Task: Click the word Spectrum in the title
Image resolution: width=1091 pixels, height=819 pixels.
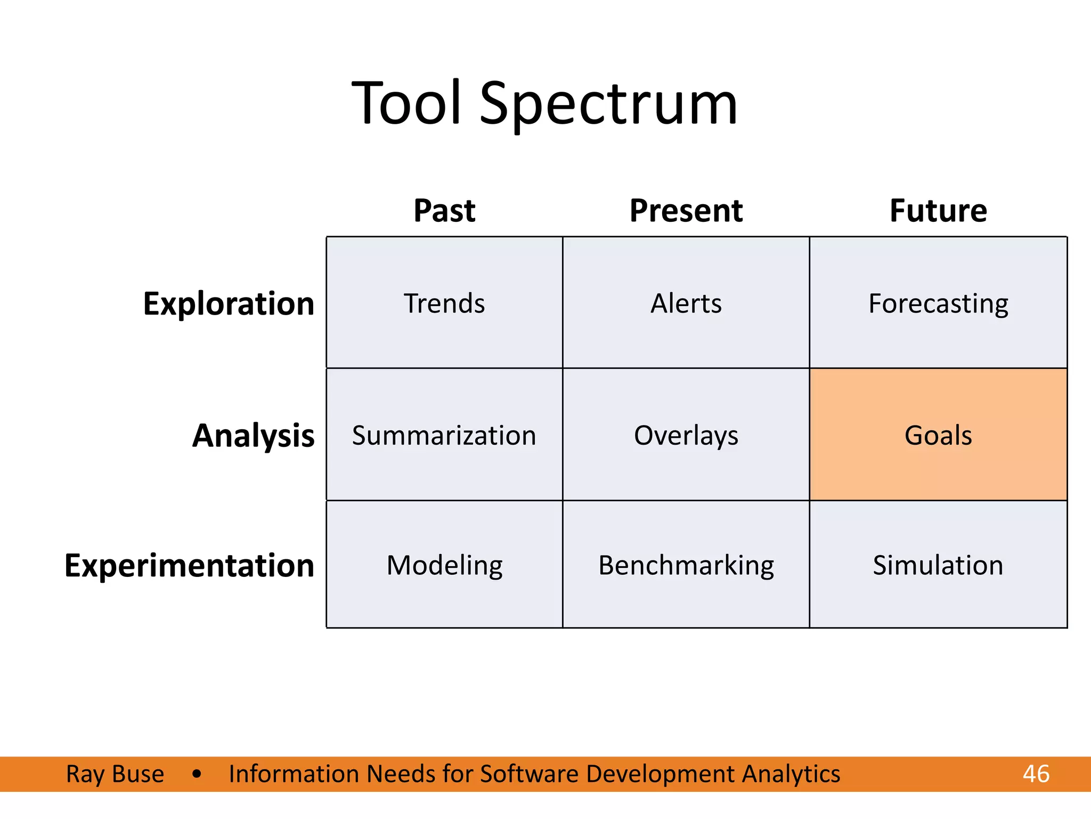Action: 608,104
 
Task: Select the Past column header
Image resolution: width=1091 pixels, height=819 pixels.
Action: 444,210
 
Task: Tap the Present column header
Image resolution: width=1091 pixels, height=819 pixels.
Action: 686,210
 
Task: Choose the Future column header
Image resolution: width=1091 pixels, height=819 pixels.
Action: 938,210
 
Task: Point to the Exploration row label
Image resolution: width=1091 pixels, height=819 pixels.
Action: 229,304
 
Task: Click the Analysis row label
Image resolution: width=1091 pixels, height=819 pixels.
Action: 253,436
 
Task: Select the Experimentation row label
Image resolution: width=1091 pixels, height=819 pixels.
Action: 189,565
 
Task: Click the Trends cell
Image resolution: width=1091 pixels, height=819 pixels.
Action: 444,303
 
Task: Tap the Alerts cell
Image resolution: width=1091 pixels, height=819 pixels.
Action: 686,303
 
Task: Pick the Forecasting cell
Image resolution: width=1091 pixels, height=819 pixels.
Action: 938,303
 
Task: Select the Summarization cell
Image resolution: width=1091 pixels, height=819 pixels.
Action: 444,435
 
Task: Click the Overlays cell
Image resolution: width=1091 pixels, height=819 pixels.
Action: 686,435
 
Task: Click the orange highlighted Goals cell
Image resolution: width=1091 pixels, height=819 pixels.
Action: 938,435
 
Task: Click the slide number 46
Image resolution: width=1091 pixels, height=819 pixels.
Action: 1036,774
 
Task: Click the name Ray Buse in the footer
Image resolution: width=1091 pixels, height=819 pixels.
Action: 115,774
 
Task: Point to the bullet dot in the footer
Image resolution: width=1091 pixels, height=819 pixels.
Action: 197,774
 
